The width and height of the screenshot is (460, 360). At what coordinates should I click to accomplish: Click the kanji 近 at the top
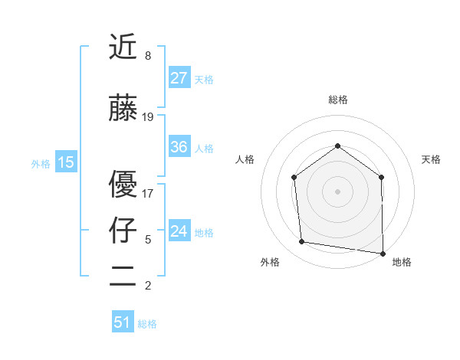click(124, 47)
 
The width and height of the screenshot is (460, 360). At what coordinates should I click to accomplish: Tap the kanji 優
click(124, 184)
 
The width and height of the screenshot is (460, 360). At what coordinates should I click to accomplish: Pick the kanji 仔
click(124, 231)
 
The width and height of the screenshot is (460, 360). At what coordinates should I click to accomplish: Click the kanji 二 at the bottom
click(124, 277)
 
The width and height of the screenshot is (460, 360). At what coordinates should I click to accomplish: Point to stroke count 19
click(148, 117)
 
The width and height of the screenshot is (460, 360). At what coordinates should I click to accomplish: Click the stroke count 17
click(148, 193)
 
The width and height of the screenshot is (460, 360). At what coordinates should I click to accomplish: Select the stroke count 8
click(148, 56)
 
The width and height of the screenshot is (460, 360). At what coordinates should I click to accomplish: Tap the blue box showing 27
click(179, 78)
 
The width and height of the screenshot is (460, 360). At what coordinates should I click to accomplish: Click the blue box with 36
click(179, 147)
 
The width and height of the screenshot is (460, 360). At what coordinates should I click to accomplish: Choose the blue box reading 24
click(179, 231)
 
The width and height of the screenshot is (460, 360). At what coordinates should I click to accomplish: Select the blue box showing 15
click(65, 162)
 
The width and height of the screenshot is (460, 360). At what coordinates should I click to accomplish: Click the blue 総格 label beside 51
click(147, 324)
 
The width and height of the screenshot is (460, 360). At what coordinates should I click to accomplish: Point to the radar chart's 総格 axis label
click(337, 100)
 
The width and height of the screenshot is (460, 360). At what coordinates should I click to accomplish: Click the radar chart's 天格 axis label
click(431, 159)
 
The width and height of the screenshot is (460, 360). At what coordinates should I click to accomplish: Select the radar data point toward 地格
click(383, 252)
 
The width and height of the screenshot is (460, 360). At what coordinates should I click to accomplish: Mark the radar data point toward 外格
click(302, 242)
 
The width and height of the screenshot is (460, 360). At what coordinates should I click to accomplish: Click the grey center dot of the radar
click(337, 191)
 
